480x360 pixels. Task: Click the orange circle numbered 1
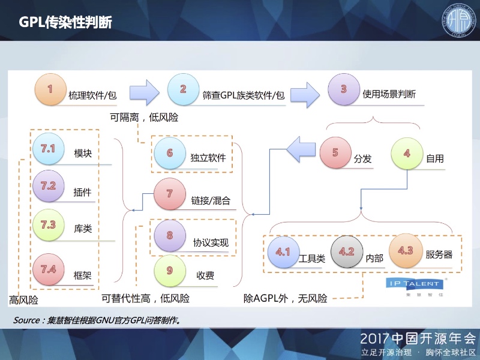point(50,89)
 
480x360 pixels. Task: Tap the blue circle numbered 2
point(184,89)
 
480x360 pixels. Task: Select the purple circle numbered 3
point(344,89)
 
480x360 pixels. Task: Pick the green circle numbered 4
point(407,153)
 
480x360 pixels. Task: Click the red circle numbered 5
point(335,153)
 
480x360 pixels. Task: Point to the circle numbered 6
point(170,154)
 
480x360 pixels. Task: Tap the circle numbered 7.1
point(49,148)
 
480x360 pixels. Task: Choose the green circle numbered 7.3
point(49,225)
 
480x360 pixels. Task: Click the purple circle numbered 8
point(170,235)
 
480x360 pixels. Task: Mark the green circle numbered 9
point(170,270)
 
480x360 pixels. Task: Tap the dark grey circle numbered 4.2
point(347,252)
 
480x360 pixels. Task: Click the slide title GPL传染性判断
point(65,22)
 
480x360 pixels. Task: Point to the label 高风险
point(24,298)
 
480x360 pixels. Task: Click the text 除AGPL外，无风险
point(285,298)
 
